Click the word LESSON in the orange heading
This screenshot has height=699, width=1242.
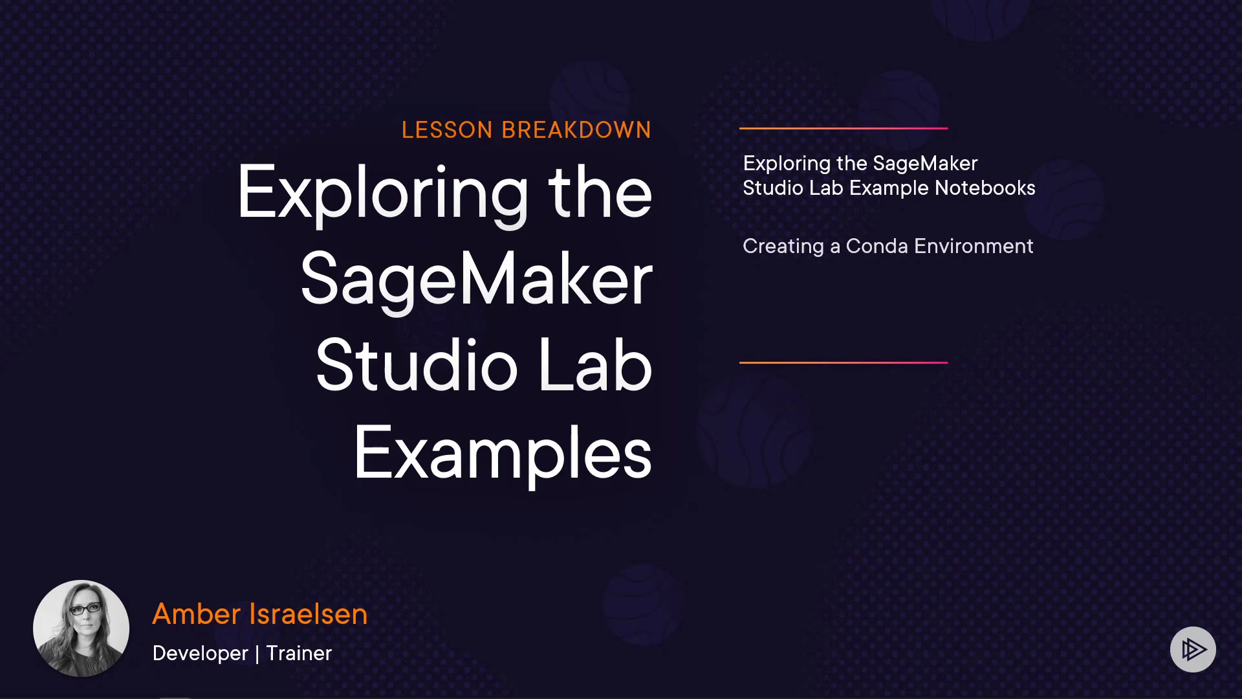(x=447, y=130)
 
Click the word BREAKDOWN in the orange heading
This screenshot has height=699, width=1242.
(x=576, y=130)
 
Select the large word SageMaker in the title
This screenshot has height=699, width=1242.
(x=477, y=280)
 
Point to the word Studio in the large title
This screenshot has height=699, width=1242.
(x=417, y=366)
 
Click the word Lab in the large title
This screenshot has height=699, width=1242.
(x=595, y=366)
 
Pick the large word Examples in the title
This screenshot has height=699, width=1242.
(x=503, y=453)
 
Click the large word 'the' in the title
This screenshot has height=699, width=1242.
(x=600, y=192)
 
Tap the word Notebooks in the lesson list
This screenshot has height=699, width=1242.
(x=985, y=188)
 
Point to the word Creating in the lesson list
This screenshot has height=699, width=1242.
(x=783, y=247)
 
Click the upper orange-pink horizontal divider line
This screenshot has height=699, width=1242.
(x=844, y=128)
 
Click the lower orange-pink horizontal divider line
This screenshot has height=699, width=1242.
(x=844, y=362)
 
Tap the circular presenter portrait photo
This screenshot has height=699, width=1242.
(x=81, y=628)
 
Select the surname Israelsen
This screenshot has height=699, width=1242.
(x=309, y=614)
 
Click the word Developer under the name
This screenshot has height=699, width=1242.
(x=201, y=654)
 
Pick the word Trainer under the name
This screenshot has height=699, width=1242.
(x=299, y=653)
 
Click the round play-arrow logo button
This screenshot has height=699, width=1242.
(x=1193, y=649)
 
